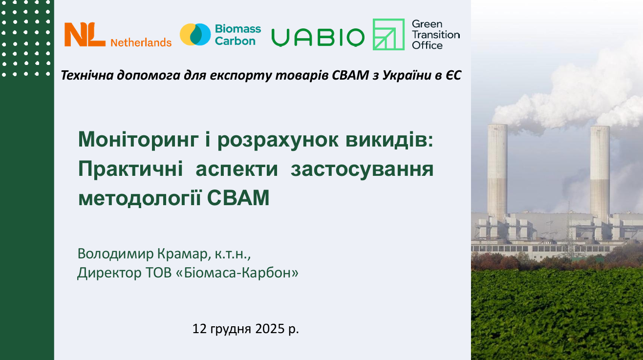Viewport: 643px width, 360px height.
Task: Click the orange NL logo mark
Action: [85, 35]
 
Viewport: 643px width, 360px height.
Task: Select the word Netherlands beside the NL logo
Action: [141, 42]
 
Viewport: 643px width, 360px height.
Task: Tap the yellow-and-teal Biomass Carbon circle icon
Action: [195, 35]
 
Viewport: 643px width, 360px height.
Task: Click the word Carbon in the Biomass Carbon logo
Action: [235, 42]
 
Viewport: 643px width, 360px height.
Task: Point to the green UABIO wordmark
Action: [318, 37]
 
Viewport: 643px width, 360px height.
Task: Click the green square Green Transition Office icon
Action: [388, 35]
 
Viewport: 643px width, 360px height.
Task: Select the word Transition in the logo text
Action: [435, 35]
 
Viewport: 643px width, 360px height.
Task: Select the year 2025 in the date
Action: [269, 329]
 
